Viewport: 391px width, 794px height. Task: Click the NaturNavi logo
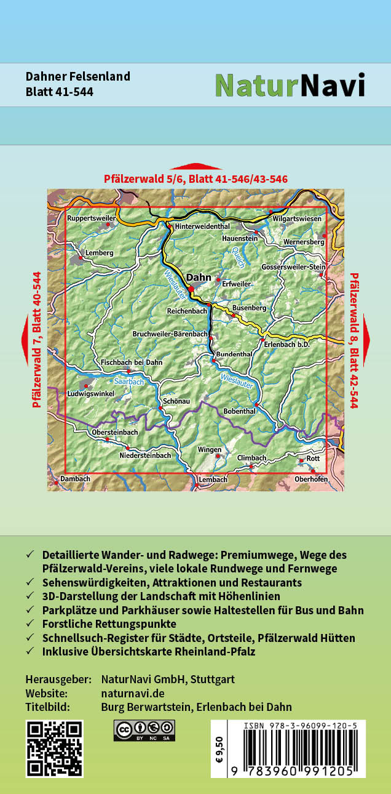pos(290,86)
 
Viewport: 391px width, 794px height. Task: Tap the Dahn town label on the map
pos(198,278)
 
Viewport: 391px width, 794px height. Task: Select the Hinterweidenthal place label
pos(202,227)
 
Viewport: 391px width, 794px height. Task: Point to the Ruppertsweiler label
pos(91,218)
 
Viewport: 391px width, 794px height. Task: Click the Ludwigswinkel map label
pos(92,393)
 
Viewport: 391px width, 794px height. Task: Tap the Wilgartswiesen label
pos(297,219)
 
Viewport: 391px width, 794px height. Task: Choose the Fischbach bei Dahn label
pos(132,363)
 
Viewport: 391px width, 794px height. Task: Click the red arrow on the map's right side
pos(366,339)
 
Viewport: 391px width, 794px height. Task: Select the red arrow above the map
pos(195,166)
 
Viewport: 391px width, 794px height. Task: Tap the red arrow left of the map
pos(25,339)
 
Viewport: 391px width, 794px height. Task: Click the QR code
pos(54,748)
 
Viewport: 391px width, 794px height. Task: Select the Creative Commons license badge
pos(144,730)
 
